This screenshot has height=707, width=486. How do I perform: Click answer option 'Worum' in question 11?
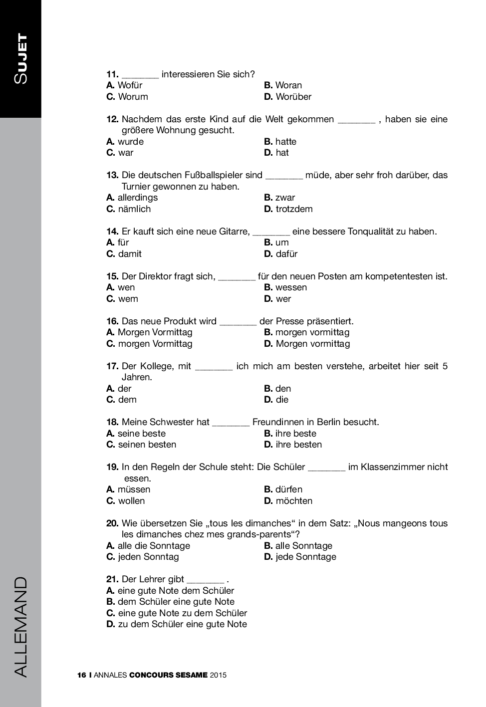click(x=133, y=97)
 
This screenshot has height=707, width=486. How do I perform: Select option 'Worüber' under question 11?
click(x=293, y=97)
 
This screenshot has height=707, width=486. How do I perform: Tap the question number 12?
click(x=112, y=119)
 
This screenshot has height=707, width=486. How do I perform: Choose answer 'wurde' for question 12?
click(x=130, y=142)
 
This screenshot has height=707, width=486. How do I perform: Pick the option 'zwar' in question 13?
click(x=285, y=198)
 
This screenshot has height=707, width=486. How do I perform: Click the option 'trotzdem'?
click(x=294, y=209)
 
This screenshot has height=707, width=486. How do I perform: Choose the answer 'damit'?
click(x=130, y=254)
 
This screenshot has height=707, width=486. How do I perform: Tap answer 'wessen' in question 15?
click(x=291, y=287)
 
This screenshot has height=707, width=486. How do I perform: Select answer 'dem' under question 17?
click(x=127, y=400)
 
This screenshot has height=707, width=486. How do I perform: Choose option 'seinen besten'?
click(x=147, y=445)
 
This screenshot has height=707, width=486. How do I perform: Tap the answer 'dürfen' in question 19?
click(x=288, y=489)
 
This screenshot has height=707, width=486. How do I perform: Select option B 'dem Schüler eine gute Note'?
click(x=176, y=602)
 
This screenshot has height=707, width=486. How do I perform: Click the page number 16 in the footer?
click(x=82, y=675)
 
